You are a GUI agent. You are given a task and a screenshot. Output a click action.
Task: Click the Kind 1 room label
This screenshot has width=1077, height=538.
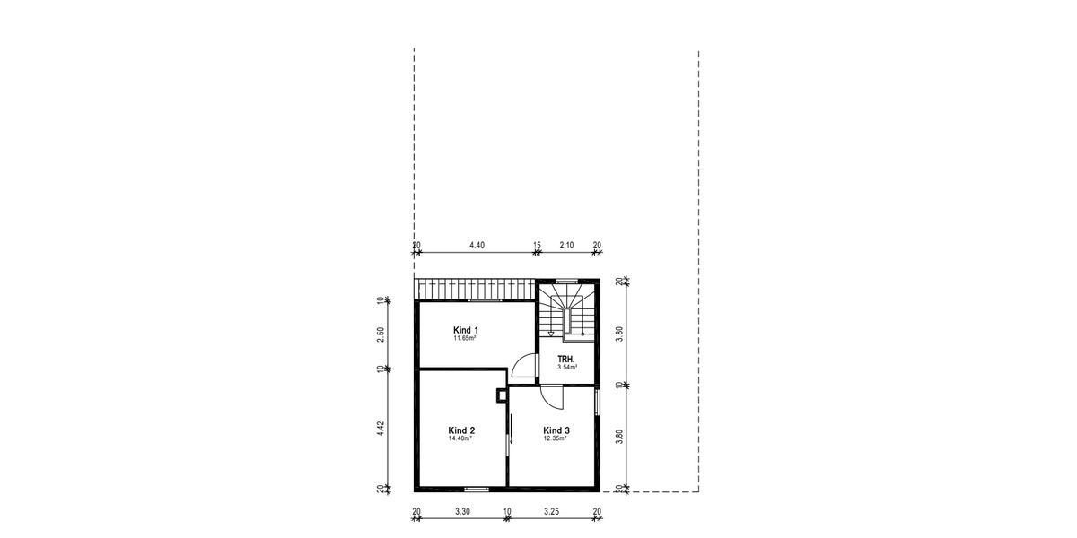pos(464,330)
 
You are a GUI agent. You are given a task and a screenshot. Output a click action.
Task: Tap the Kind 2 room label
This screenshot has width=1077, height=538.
pos(461,430)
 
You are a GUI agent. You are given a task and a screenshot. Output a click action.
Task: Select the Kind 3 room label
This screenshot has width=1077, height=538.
pos(556,430)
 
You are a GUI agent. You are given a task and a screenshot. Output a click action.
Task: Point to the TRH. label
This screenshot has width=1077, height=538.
pos(565,359)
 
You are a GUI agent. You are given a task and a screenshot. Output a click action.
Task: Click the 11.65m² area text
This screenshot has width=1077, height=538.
pos(464,339)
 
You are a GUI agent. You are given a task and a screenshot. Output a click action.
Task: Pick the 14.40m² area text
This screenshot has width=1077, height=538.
pos(461,439)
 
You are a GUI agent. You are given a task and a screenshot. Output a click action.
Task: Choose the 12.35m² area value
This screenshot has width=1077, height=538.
pos(556,439)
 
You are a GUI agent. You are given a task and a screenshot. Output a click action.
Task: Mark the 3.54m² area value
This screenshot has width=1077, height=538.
pos(566,367)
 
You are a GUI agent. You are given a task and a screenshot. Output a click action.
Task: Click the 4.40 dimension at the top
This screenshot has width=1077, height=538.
pos(477,245)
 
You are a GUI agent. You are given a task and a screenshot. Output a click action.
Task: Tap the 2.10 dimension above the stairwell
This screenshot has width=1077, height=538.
pos(566,245)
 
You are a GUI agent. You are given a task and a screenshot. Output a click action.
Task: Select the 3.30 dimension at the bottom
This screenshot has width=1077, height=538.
pos(462,511)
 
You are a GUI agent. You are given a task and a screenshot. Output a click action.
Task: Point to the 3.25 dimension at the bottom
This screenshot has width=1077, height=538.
pos(554,511)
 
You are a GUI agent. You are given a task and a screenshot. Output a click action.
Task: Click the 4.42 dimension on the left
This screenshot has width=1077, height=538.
pos(381,429)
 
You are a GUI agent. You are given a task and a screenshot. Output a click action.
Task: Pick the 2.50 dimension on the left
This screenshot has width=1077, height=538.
pos(381,333)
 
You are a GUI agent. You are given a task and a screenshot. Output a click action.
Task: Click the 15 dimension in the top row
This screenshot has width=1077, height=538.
pos(537,245)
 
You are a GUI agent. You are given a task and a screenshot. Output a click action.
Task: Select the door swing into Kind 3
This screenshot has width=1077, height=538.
pos(550,398)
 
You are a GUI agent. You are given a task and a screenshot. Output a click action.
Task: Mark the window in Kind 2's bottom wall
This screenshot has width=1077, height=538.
pos(477,489)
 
